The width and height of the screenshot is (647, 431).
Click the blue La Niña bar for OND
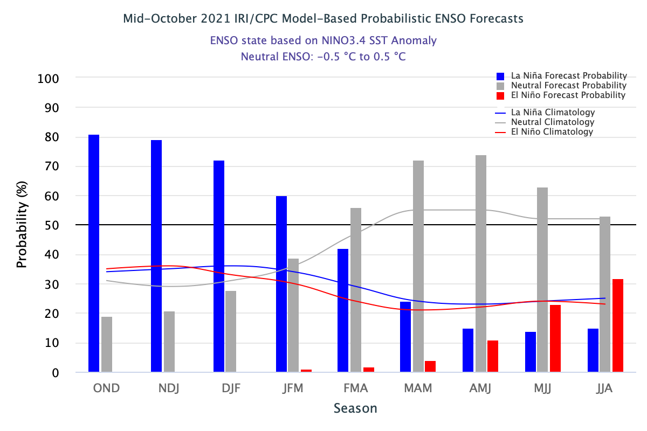[x=94, y=253]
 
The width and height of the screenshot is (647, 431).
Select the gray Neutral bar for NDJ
[x=169, y=342]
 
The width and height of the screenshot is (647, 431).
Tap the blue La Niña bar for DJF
[x=219, y=266]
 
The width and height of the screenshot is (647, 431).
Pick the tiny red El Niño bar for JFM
[x=306, y=371]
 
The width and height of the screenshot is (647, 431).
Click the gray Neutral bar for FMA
[x=356, y=290]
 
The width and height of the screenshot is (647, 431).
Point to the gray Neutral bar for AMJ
[x=481, y=263]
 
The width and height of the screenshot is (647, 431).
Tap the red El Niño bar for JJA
[x=618, y=325]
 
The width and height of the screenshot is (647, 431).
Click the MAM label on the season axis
[x=417, y=388]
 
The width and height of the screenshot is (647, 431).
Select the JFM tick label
[x=292, y=388]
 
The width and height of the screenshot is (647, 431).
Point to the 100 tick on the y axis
[x=49, y=79]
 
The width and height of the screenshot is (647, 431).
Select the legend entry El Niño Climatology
[x=552, y=131]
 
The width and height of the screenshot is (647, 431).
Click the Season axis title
[x=355, y=408]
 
